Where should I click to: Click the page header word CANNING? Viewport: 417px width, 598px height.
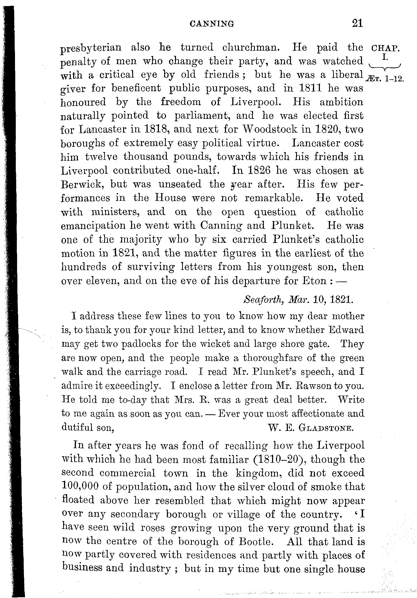point(212,24)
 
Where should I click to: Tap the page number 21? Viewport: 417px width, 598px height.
point(357,23)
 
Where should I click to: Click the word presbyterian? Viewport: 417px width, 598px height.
point(91,48)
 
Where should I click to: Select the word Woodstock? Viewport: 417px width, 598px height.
point(268,129)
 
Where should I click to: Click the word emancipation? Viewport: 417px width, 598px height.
point(93,226)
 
